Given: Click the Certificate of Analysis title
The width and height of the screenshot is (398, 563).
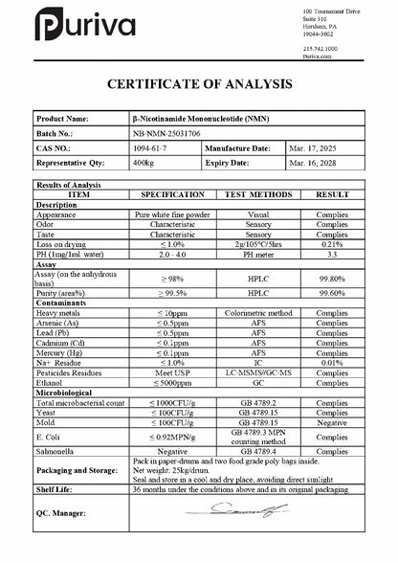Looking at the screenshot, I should (199, 84).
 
